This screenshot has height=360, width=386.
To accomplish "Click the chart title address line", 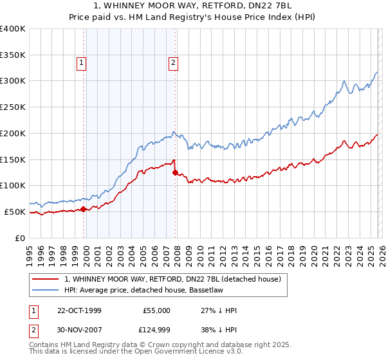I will point(193,6).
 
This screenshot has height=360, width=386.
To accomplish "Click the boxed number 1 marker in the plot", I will point(82,63).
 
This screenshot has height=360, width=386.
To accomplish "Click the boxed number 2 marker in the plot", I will point(174,63).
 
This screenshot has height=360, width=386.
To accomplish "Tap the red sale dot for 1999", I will point(84,209).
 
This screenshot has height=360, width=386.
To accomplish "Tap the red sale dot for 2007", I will point(176,172).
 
